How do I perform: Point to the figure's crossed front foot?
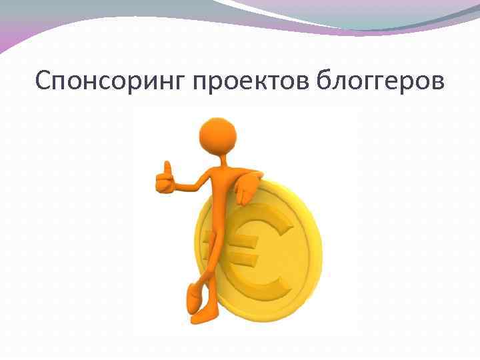pos(194,293)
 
